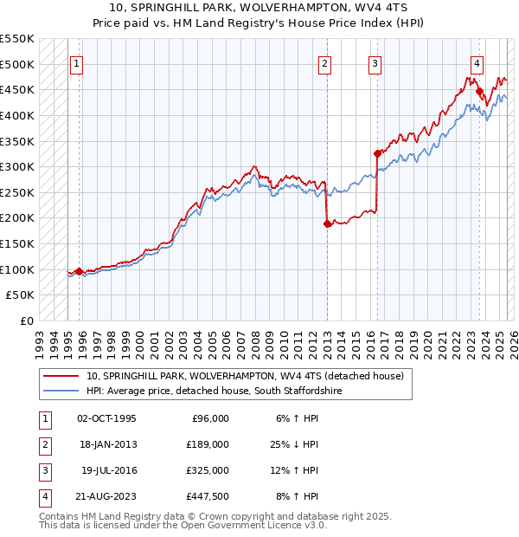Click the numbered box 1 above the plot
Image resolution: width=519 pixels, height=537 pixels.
(x=77, y=63)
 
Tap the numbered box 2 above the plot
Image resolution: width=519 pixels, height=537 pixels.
(x=324, y=63)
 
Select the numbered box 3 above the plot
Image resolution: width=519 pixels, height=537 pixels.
(x=375, y=63)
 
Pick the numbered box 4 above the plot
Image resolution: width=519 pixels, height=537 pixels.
(x=477, y=63)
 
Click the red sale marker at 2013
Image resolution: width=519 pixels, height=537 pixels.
(x=327, y=223)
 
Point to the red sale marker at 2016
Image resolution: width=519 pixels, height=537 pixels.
(x=377, y=154)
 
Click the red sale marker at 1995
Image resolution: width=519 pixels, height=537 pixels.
(x=79, y=271)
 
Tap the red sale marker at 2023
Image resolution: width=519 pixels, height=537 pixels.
(x=479, y=91)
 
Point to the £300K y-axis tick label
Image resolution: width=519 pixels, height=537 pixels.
(x=18, y=166)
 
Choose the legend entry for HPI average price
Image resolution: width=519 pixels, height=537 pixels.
(x=212, y=391)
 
